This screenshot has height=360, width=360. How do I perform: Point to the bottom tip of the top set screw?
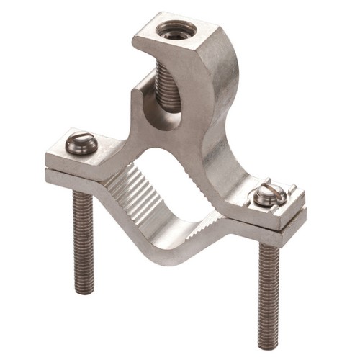[168, 109]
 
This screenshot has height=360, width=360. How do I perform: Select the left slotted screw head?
[81, 144]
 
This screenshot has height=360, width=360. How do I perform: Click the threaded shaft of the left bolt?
[83, 238]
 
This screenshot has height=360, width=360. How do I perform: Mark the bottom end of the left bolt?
[84, 290]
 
